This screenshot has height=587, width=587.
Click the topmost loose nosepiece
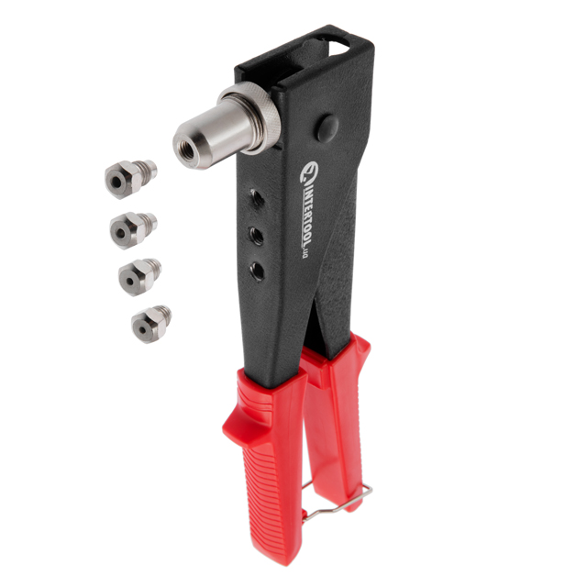pos(129,178)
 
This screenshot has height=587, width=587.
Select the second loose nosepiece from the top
pos(132,230)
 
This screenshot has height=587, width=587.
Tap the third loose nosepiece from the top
pos(139,277)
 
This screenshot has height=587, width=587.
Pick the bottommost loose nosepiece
pos(150,324)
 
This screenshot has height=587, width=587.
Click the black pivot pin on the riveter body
pos(327,128)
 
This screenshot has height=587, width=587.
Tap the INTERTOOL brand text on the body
pos(306,213)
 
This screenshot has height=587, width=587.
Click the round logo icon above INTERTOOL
pos(309,170)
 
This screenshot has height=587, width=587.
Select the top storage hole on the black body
pos(257,199)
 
